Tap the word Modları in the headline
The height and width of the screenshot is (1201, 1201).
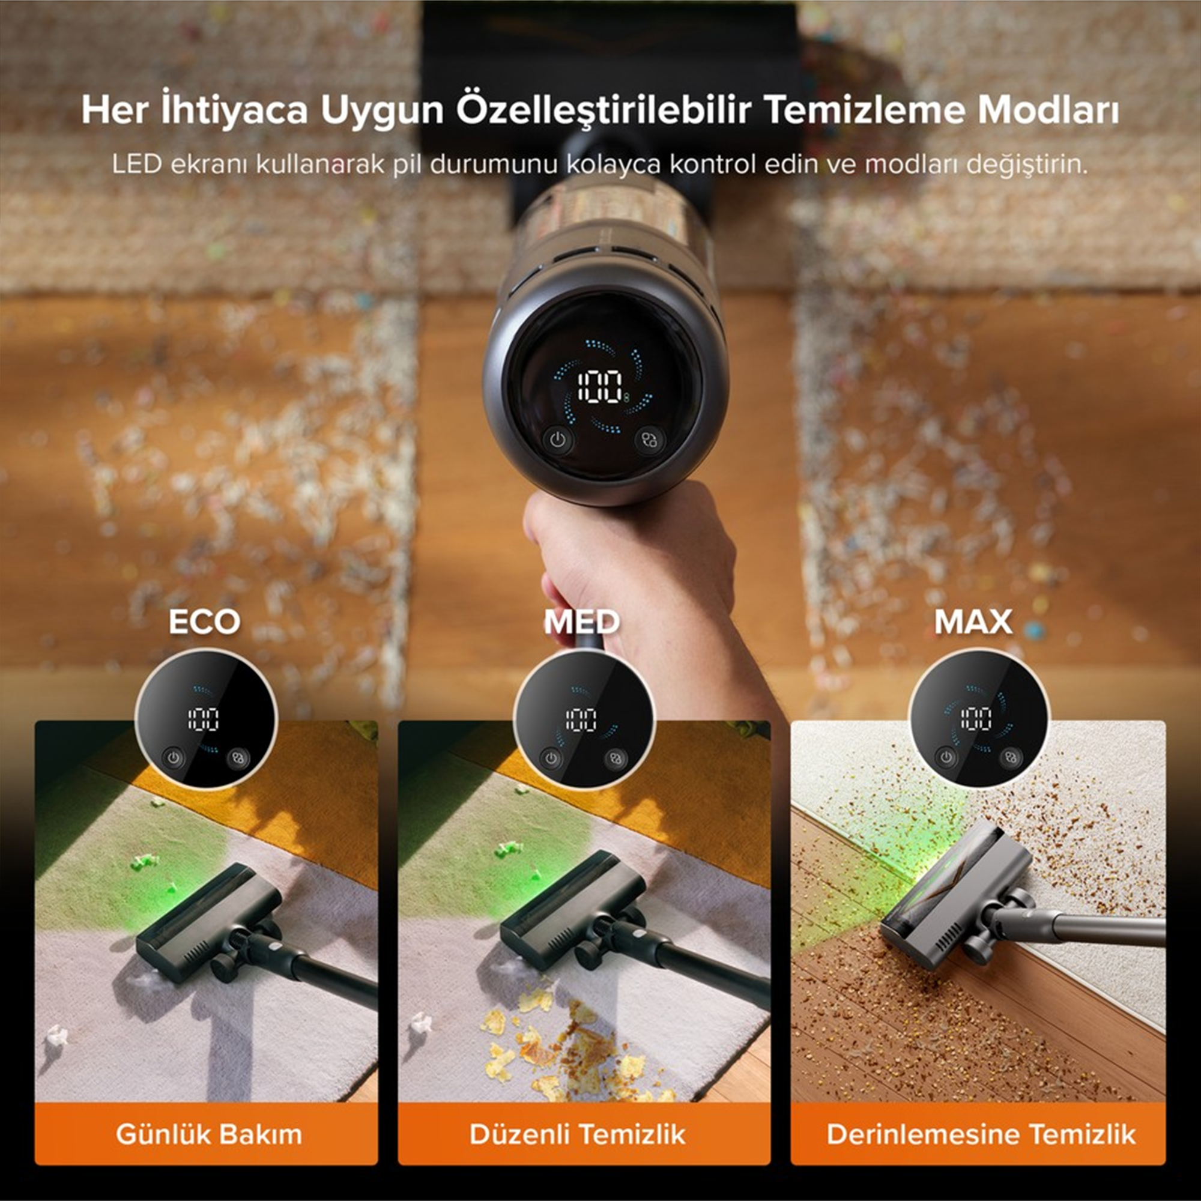(1048, 110)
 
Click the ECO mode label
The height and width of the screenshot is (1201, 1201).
(205, 622)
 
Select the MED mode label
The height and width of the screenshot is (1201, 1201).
(582, 622)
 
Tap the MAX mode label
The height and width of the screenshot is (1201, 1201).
(973, 622)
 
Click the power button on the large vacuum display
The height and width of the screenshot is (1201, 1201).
(558, 440)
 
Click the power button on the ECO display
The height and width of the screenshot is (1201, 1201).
(174, 758)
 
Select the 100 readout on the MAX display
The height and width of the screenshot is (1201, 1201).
(976, 719)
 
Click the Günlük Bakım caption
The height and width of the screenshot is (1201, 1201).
(209, 1134)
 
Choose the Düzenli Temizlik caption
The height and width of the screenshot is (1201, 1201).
(578, 1134)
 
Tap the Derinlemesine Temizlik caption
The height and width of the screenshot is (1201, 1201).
(981, 1134)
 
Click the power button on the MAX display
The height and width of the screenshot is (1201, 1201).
(946, 757)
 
